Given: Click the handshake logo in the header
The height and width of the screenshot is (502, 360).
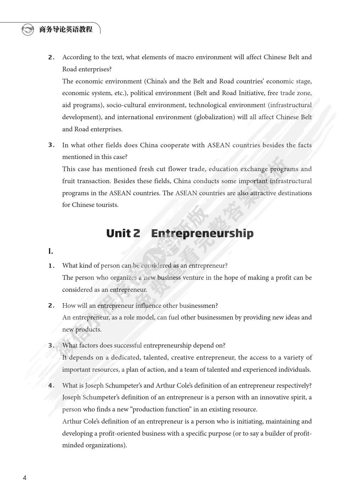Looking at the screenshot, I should tap(28, 29).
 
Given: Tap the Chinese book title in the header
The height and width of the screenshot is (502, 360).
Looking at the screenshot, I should tap(66, 29).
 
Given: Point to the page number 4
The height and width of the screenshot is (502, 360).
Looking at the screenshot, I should tap(24, 478).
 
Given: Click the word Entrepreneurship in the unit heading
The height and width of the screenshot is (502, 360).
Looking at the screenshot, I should tap(202, 233).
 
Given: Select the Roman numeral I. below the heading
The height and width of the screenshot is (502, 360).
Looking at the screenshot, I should tap(51, 251).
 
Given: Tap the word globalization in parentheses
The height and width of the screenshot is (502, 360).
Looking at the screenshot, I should tap(215, 117).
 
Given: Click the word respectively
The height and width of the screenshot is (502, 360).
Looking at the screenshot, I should tap(293, 386).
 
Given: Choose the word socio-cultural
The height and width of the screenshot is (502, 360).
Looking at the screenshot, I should tap(126, 105).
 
